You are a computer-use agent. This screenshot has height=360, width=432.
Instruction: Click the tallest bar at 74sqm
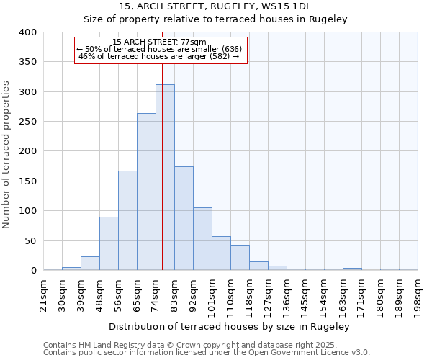[165, 177]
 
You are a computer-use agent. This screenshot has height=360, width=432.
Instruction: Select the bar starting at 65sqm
[146, 192]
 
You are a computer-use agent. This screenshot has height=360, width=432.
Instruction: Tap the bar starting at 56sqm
[127, 220]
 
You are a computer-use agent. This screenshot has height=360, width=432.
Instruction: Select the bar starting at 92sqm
[202, 239]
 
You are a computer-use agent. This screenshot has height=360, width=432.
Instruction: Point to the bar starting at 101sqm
[221, 253]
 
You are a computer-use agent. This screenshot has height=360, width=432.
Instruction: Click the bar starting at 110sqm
[240, 258]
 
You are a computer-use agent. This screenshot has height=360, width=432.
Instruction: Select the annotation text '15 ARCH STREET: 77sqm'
[160, 42]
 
